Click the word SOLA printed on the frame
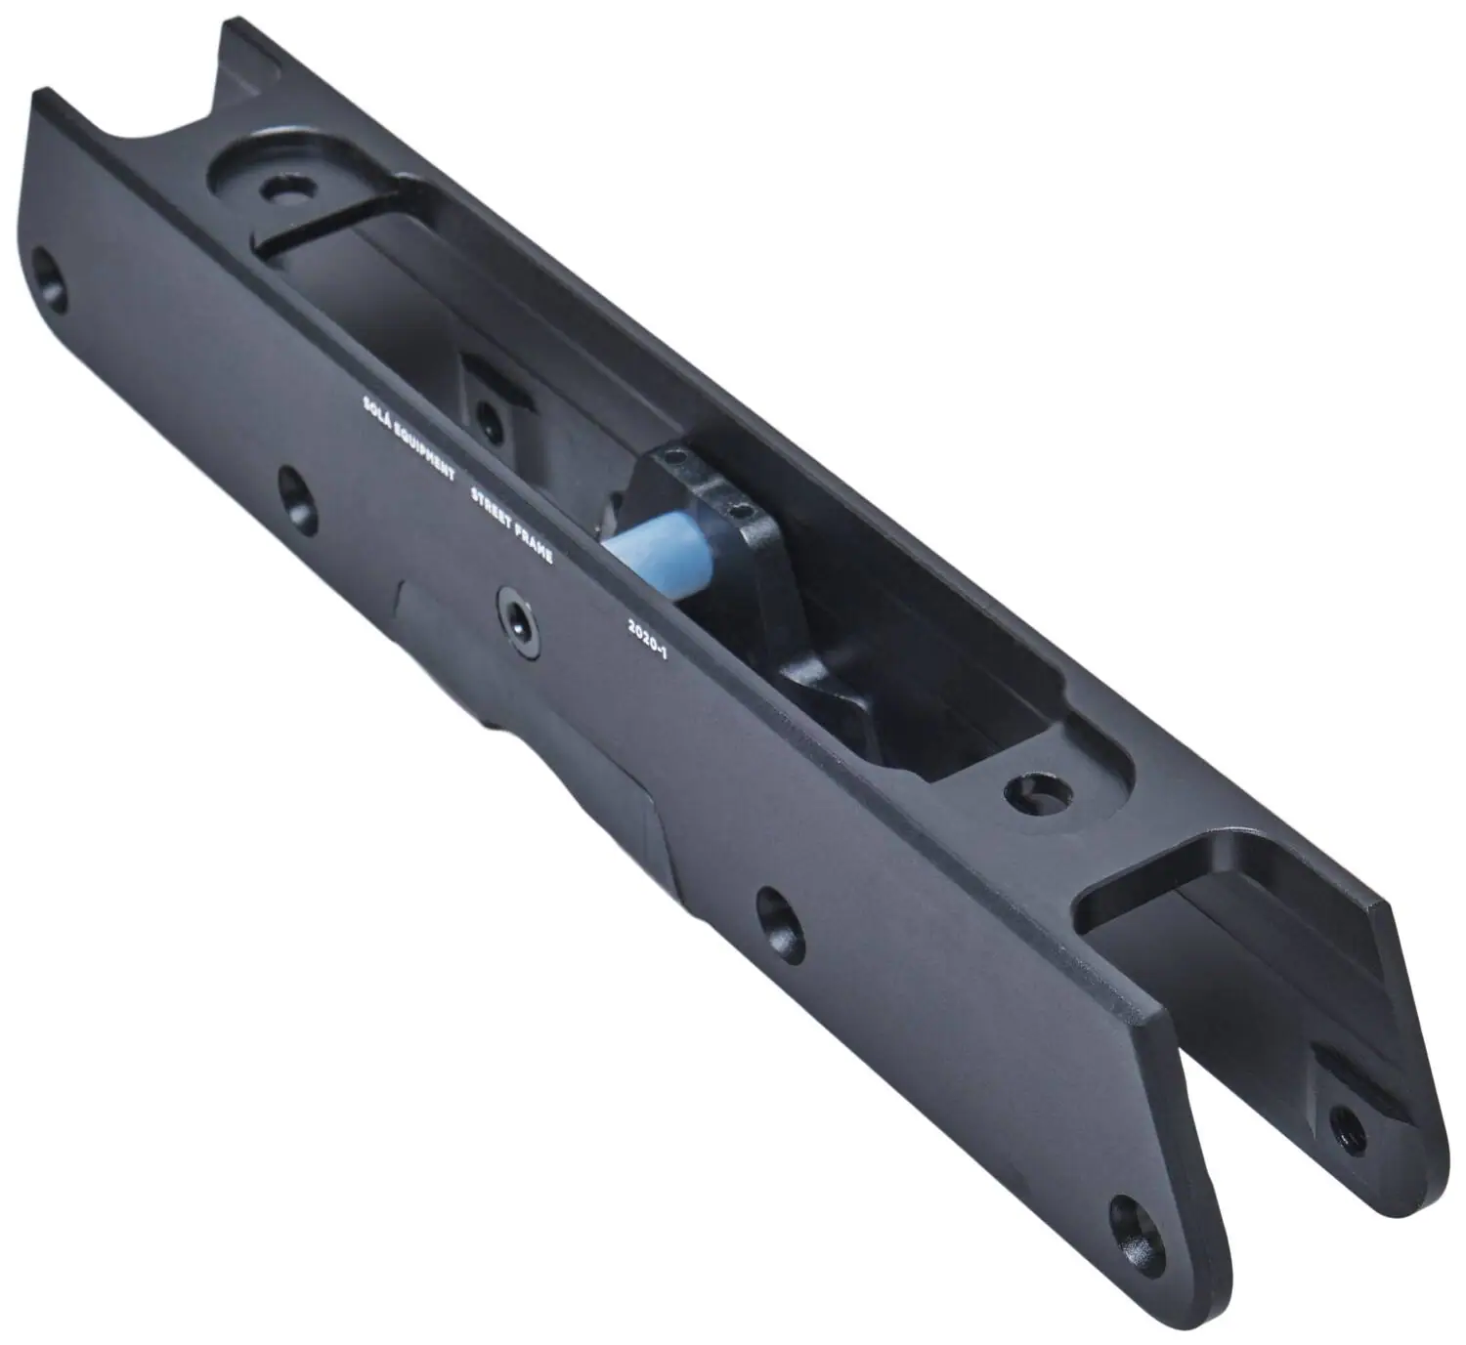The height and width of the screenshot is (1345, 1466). coord(377,408)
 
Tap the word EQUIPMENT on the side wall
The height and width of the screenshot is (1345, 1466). coord(424,448)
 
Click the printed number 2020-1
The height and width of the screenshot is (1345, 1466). coord(648,640)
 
